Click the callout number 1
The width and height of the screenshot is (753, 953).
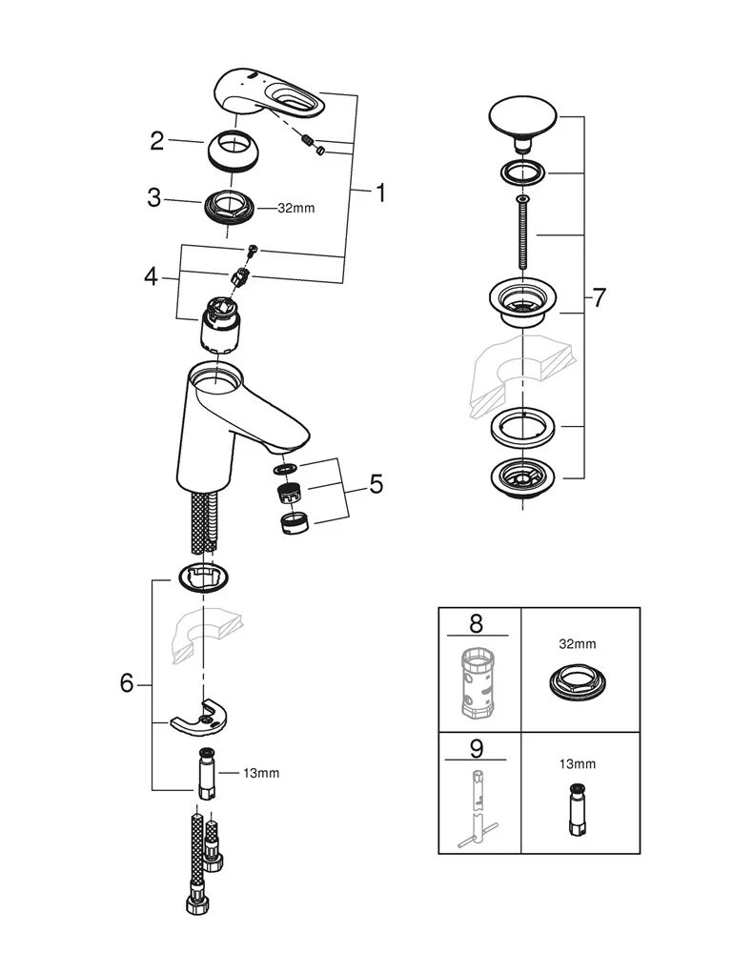[x=380, y=193]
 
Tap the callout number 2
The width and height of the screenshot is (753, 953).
[x=158, y=142]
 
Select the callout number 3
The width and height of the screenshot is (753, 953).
[x=154, y=198]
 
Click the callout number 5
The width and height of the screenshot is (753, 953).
[x=376, y=485]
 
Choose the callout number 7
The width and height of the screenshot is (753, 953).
[x=598, y=298]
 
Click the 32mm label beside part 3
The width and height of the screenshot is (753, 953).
[x=295, y=209]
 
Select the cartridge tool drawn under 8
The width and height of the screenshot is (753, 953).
[x=476, y=682]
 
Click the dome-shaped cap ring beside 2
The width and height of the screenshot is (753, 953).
[x=233, y=151]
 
